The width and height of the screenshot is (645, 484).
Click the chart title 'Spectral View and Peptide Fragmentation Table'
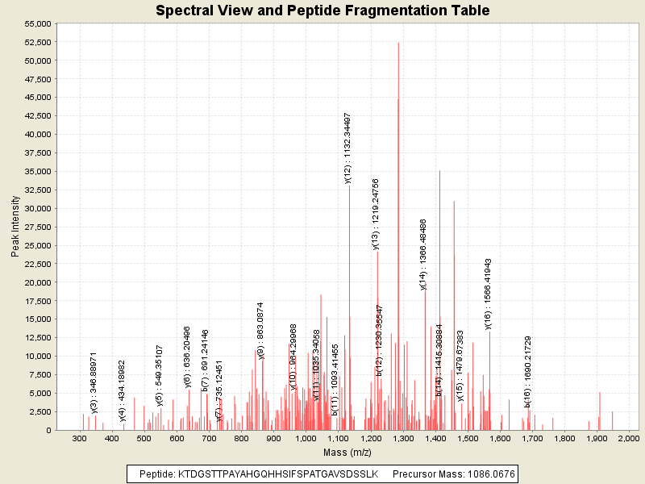[x=322, y=10]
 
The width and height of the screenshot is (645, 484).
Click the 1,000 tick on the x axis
[x=306, y=438]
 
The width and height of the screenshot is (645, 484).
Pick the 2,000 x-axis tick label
[x=628, y=438]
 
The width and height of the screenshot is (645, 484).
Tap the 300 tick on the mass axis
[x=79, y=438]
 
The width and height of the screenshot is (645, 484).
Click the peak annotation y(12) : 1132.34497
[x=348, y=148]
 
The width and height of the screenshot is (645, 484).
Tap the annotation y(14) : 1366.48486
[x=423, y=254]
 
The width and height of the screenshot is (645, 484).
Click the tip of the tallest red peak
[x=398, y=43]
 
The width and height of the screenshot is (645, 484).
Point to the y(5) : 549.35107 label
[x=160, y=377]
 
